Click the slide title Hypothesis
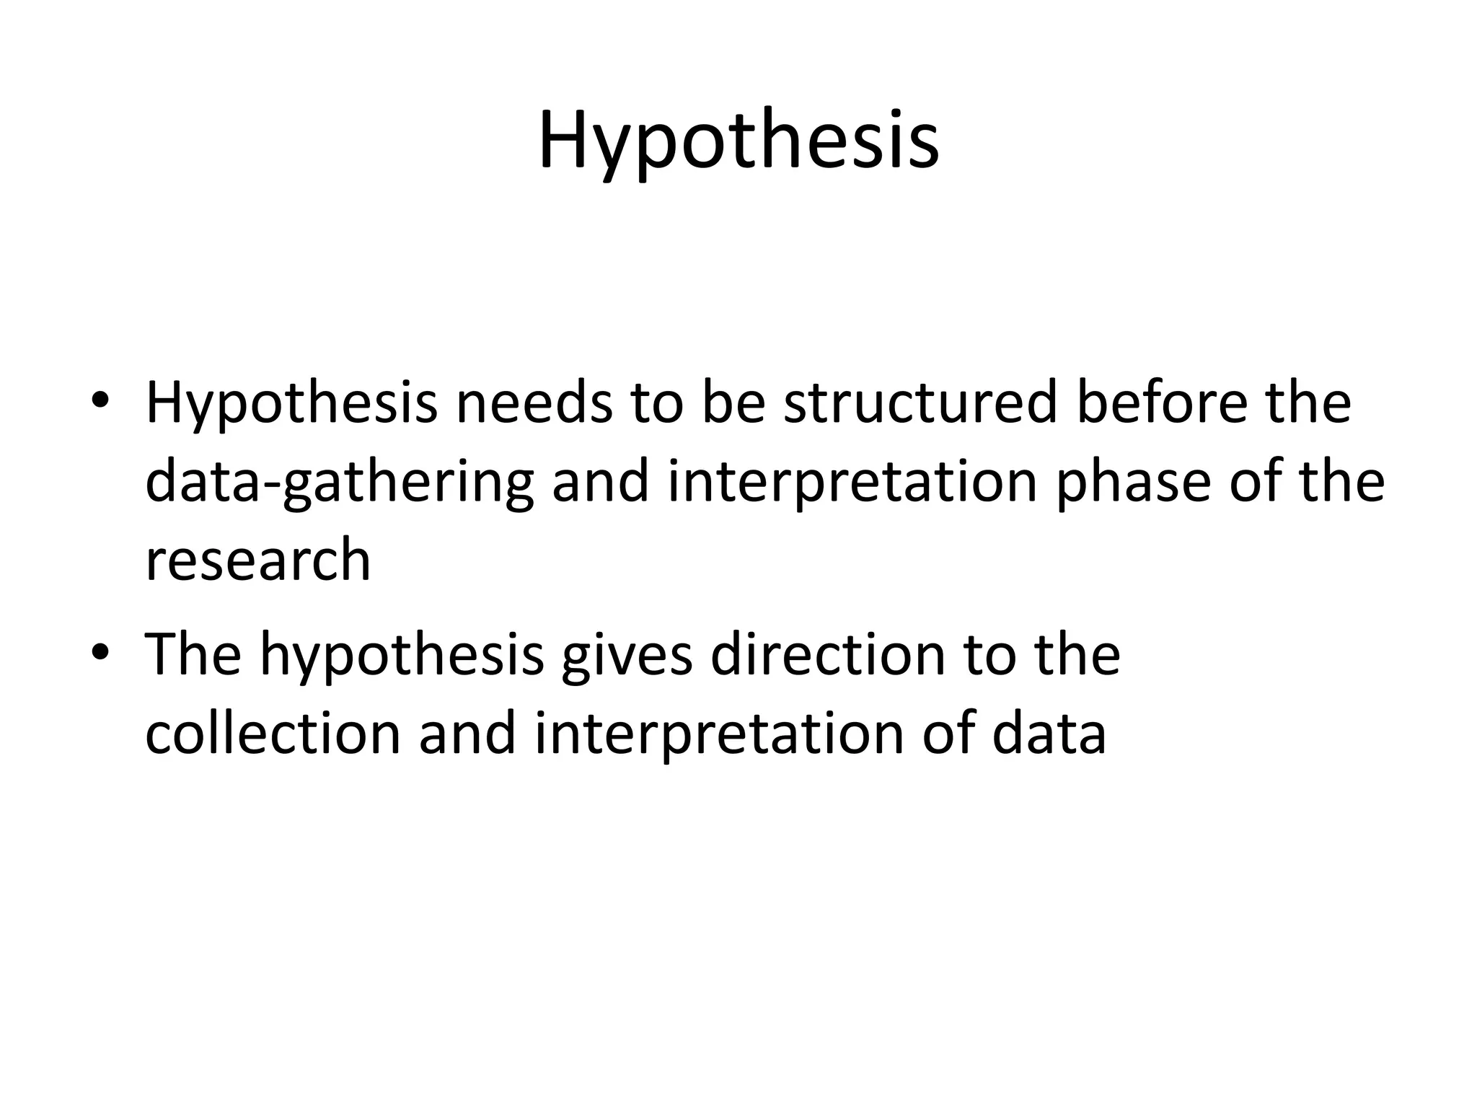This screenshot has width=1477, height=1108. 738,141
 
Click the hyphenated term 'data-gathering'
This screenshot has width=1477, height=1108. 340,483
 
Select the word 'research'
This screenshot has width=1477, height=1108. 257,560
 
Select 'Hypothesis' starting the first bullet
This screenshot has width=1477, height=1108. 291,404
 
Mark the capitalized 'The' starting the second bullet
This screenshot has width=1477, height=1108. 193,655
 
